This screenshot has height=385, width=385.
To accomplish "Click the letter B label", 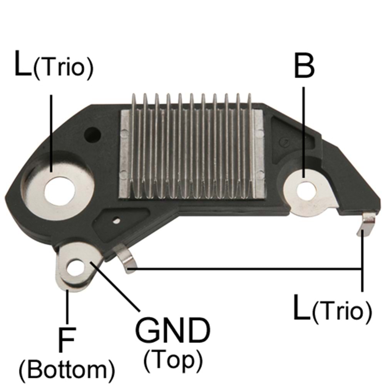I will coord(304,67).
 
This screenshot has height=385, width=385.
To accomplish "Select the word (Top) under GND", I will coord(173,359).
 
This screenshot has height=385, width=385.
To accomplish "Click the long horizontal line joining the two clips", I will coord(246,269).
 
